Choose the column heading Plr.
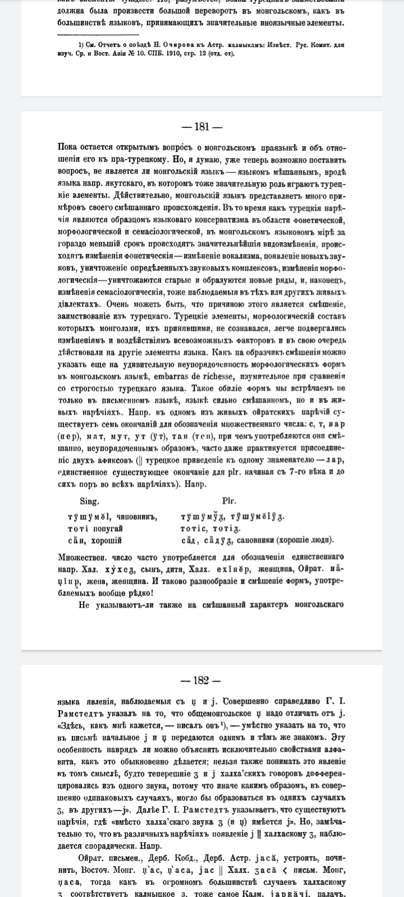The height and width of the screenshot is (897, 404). click(229, 501)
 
